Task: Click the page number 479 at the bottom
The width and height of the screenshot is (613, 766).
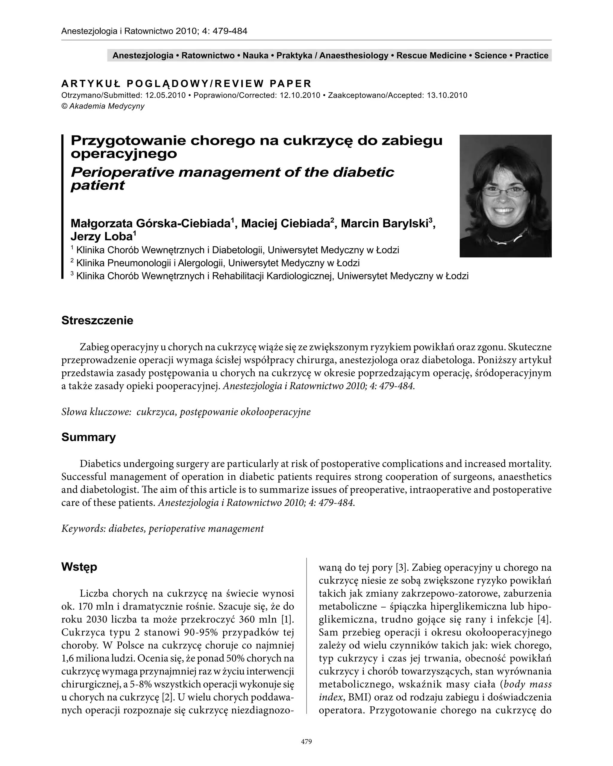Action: [306, 741]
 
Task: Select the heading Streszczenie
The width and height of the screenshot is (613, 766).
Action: [97, 320]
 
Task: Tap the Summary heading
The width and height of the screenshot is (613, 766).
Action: [89, 437]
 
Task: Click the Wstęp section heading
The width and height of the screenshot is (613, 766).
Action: [79, 567]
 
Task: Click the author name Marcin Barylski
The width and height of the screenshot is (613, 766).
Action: [385, 224]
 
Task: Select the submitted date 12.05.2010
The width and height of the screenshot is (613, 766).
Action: [165, 95]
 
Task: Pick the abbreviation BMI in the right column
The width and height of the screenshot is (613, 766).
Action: [359, 697]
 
